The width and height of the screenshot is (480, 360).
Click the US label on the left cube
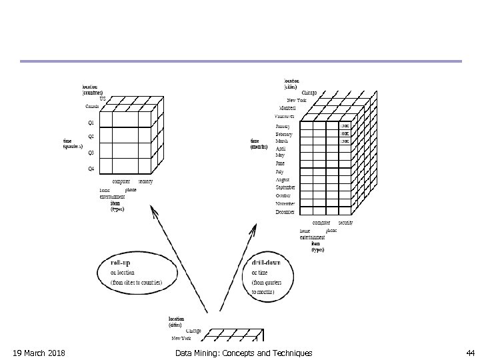102,99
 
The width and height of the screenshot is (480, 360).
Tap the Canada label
91,107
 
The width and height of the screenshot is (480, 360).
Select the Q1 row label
91,123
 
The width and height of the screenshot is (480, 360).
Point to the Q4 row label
91,169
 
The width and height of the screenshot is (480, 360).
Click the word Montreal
287,108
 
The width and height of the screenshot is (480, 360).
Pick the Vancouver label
284,116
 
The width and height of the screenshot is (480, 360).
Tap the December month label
285,212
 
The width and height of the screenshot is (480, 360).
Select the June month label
280,163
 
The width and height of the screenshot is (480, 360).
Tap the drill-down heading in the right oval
267,261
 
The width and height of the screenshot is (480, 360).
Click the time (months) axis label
260,144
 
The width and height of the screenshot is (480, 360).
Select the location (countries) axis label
93,89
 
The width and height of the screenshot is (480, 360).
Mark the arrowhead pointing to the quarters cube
154,211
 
